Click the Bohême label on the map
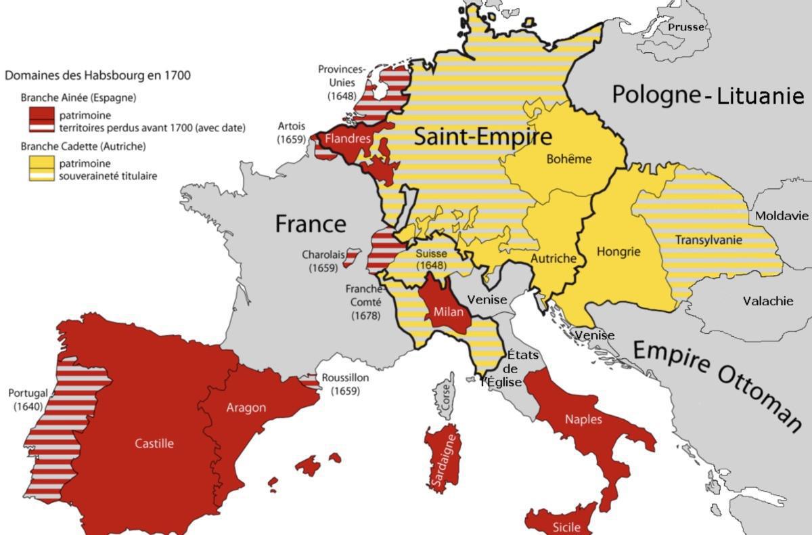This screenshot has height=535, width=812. click(568, 159)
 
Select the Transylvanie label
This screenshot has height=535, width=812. click(708, 240)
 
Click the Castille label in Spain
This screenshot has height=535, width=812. click(154, 444)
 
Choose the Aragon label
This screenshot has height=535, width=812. click(246, 407)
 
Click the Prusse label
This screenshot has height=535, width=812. click(685, 27)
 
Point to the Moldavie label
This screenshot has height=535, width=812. click(782, 215)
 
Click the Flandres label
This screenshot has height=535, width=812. click(348, 139)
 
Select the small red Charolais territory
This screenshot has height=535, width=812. click(351, 257)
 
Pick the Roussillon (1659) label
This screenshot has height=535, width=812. click(345, 385)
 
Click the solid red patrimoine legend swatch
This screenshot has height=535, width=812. click(40, 112)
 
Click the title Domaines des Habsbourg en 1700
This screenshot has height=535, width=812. click(97, 75)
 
